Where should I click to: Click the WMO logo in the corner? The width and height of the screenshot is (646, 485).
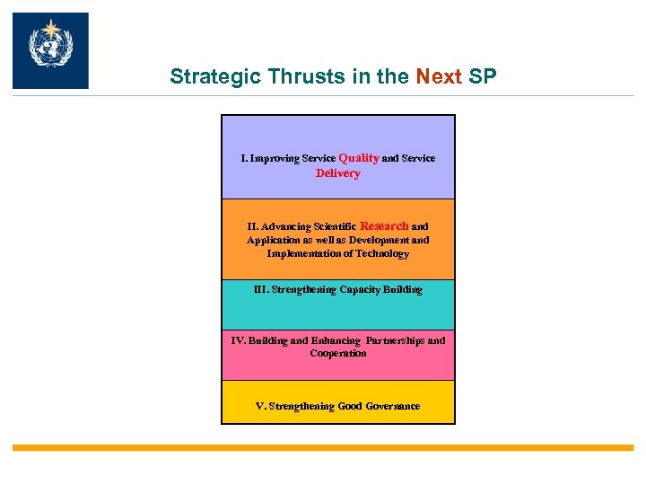click(50, 50)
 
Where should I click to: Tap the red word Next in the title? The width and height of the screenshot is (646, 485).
click(440, 76)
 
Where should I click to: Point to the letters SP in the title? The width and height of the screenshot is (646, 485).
click(482, 76)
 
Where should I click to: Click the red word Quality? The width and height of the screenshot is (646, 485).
click(359, 158)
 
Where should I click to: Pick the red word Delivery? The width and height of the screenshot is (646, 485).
click(338, 173)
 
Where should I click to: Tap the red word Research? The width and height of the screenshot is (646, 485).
click(384, 226)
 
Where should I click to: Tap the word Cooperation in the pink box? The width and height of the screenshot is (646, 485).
click(338, 353)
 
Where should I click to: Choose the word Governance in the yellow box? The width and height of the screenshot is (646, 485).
click(391, 406)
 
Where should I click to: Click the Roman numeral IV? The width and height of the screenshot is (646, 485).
click(238, 340)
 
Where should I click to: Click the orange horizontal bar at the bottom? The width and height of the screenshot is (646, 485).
click(323, 447)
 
